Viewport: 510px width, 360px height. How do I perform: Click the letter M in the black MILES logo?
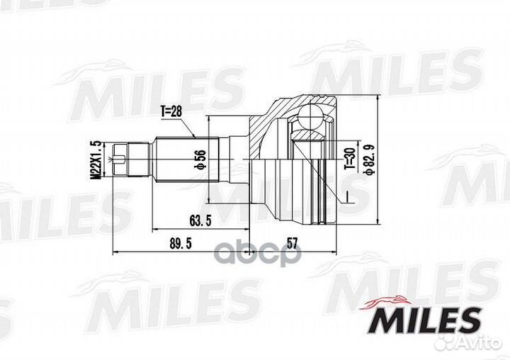380,320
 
